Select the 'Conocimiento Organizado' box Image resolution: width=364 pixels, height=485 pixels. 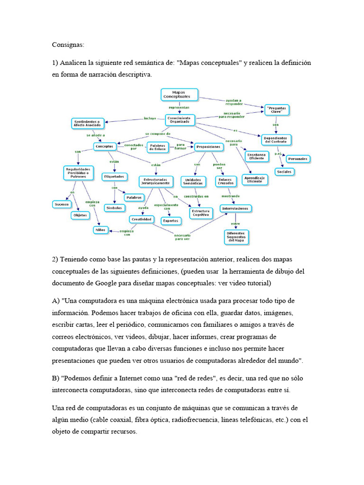click(180, 120)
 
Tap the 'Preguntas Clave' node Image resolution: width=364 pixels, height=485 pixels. click(276, 110)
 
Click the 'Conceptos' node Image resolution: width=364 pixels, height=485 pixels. click(104, 147)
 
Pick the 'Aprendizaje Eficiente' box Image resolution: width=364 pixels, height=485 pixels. click(255, 179)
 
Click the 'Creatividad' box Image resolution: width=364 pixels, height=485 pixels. click(142, 219)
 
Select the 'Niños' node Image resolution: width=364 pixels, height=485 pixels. click(100, 230)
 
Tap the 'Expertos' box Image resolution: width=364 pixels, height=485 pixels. click(170, 221)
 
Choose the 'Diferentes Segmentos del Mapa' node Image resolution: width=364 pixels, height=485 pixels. click(236, 236)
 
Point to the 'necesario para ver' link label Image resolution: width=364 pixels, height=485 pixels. click(182, 236)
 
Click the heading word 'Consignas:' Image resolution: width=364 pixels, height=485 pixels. click(68, 45)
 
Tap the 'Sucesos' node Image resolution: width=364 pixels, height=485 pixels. click(61, 204)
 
